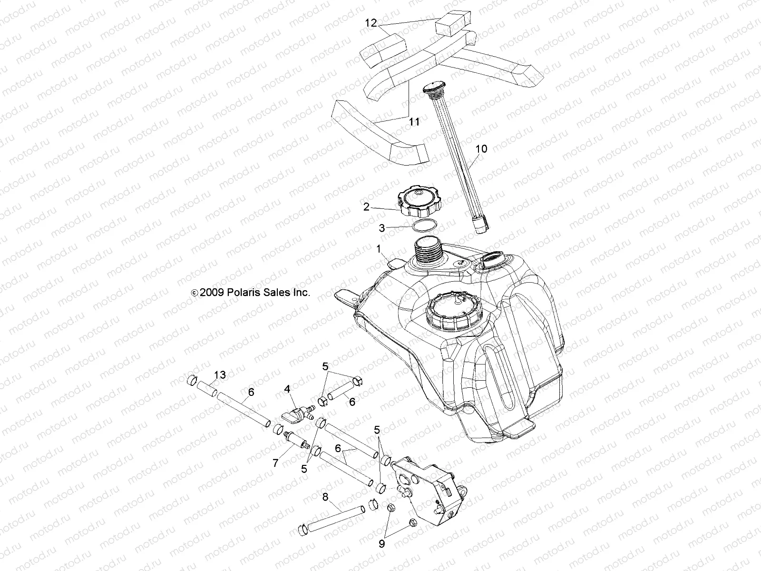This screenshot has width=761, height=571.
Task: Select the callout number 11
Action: tap(414, 122)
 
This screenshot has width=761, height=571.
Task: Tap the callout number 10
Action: tap(481, 149)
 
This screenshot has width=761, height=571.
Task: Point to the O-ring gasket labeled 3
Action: tap(424, 225)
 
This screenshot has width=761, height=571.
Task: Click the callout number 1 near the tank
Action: tap(379, 248)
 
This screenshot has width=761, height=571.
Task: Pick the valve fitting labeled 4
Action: tap(294, 412)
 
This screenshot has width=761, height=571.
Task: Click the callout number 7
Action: tap(275, 463)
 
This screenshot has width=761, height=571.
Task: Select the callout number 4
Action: tap(287, 389)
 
